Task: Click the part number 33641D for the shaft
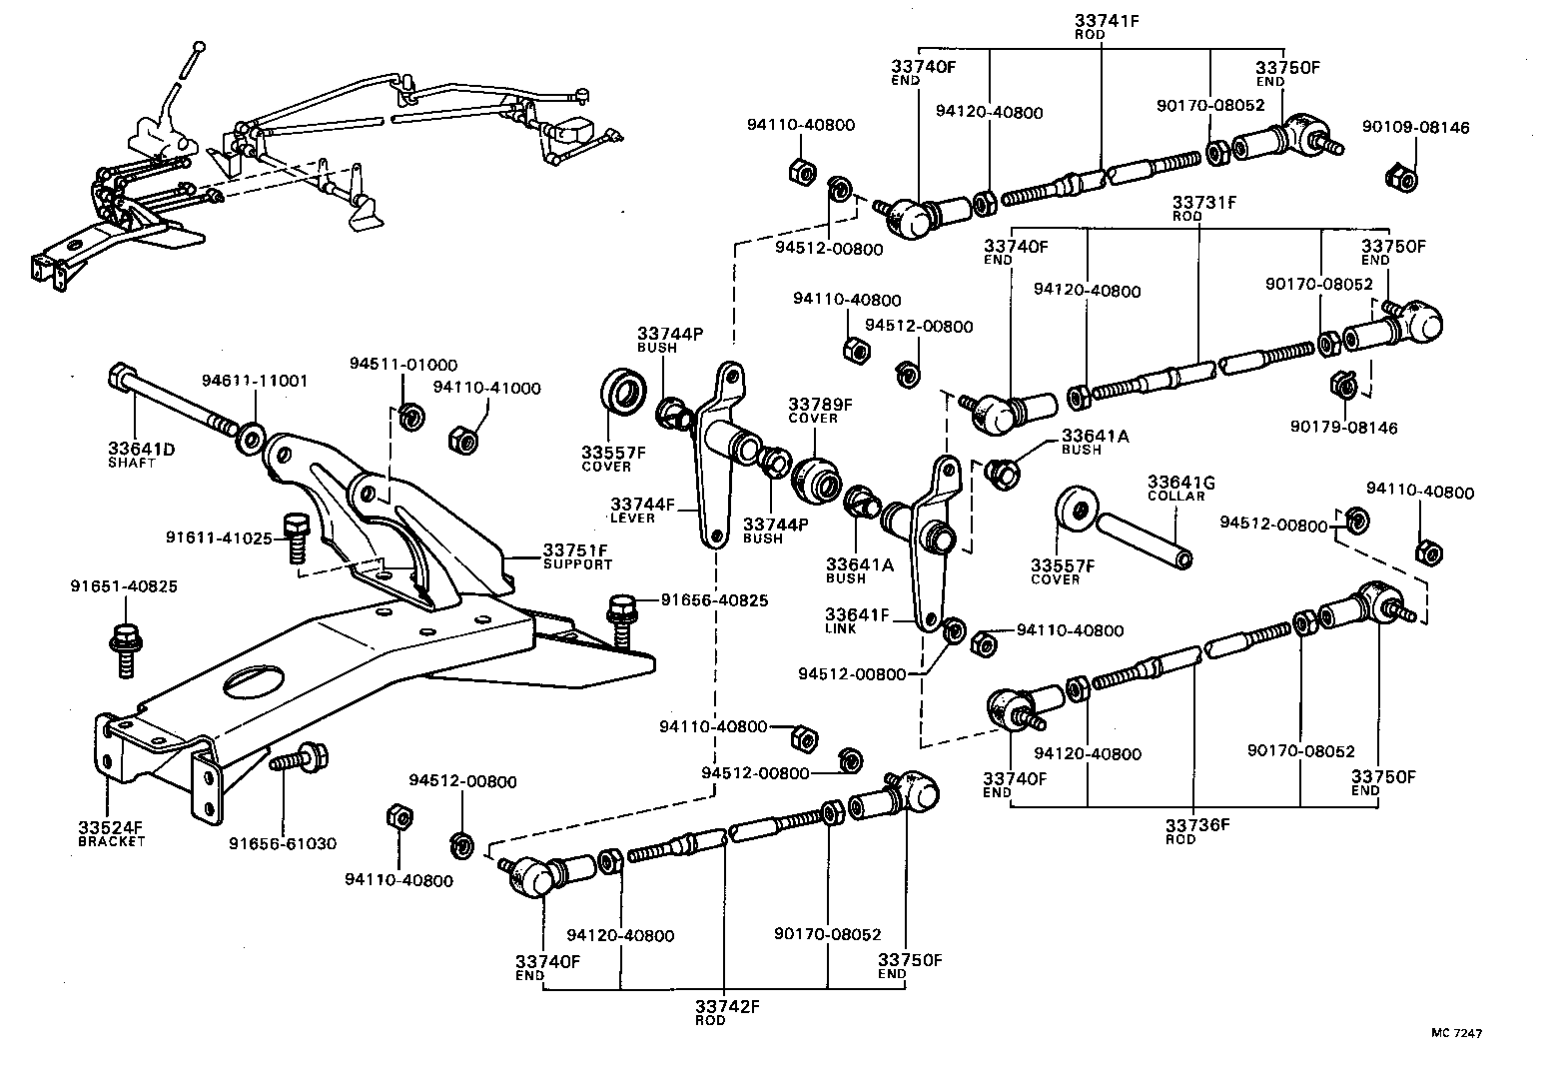pyautogui.click(x=141, y=450)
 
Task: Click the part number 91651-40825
pyautogui.click(x=124, y=586)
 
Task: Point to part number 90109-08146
pyautogui.click(x=1415, y=128)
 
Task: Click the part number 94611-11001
pyautogui.click(x=255, y=381)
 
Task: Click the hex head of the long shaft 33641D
pyautogui.click(x=117, y=379)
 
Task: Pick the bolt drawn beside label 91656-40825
pyautogui.click(x=621, y=614)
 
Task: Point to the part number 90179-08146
pyautogui.click(x=1343, y=428)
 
